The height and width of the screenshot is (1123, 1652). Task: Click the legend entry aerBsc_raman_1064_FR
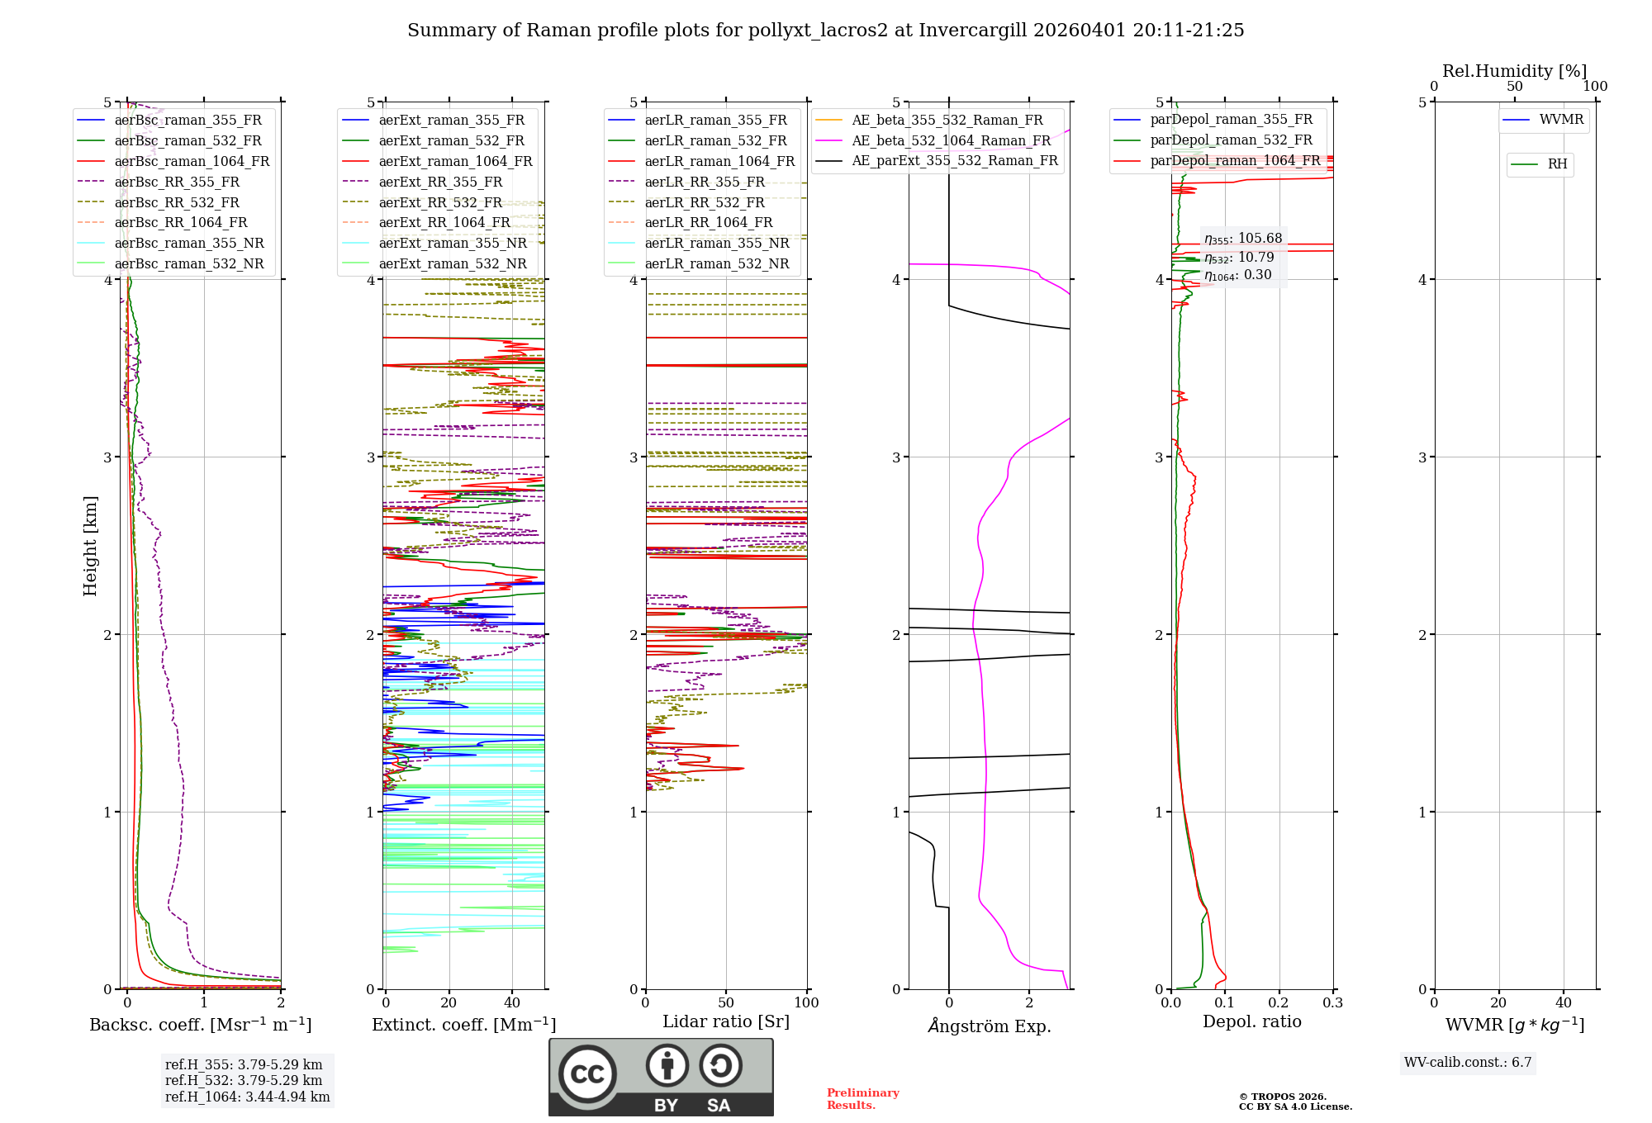pyautogui.click(x=192, y=161)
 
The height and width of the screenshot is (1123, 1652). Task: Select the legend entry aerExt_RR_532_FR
pyautogui.click(x=440, y=202)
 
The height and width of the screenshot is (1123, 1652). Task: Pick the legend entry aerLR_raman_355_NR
pyautogui.click(x=717, y=243)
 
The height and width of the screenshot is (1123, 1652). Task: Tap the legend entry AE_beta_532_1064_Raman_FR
pyautogui.click(x=951, y=140)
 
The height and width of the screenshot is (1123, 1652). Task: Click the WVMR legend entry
pyautogui.click(x=1561, y=120)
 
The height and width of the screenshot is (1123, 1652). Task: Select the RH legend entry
pyautogui.click(x=1557, y=164)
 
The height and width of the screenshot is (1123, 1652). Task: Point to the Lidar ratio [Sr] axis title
pyautogui.click(x=726, y=1021)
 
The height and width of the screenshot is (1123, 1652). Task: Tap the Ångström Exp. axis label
pyautogui.click(x=990, y=1026)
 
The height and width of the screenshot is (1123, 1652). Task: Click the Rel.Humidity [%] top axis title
pyautogui.click(x=1514, y=71)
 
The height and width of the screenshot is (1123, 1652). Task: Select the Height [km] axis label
pyautogui.click(x=90, y=546)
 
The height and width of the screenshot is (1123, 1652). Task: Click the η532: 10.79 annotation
pyautogui.click(x=1239, y=258)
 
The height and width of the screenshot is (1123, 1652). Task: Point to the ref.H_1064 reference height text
pyautogui.click(x=247, y=1097)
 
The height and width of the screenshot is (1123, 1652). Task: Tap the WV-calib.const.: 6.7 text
pyautogui.click(x=1468, y=1062)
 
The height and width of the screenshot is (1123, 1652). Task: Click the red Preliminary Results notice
pyautogui.click(x=862, y=1098)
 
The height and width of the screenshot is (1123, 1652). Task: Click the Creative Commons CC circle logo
pyautogui.click(x=587, y=1073)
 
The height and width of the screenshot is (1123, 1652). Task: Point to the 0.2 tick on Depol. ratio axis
pyautogui.click(x=1279, y=1002)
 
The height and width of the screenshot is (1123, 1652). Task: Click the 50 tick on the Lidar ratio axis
pyautogui.click(x=726, y=1002)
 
